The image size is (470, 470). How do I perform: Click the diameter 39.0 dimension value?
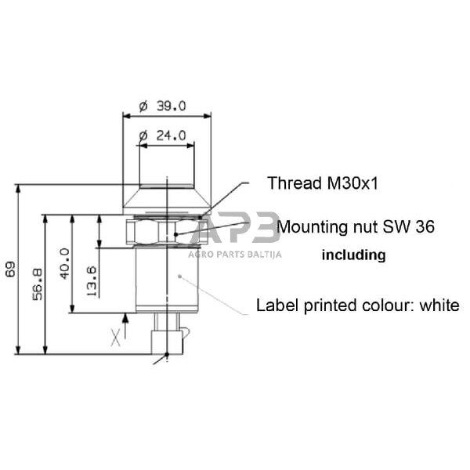click(162, 106)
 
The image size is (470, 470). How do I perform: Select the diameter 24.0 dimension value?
click(162, 136)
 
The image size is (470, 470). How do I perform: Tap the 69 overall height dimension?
click(10, 269)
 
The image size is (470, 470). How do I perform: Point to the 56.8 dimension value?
click(38, 284)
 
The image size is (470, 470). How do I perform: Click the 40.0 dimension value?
click(65, 264)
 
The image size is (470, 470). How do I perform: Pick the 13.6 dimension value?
click(92, 281)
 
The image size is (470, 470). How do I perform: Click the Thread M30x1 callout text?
click(323, 183)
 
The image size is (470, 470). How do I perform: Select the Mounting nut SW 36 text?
click(355, 226)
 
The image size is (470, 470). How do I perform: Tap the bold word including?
click(354, 255)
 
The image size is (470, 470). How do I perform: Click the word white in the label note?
click(439, 305)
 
